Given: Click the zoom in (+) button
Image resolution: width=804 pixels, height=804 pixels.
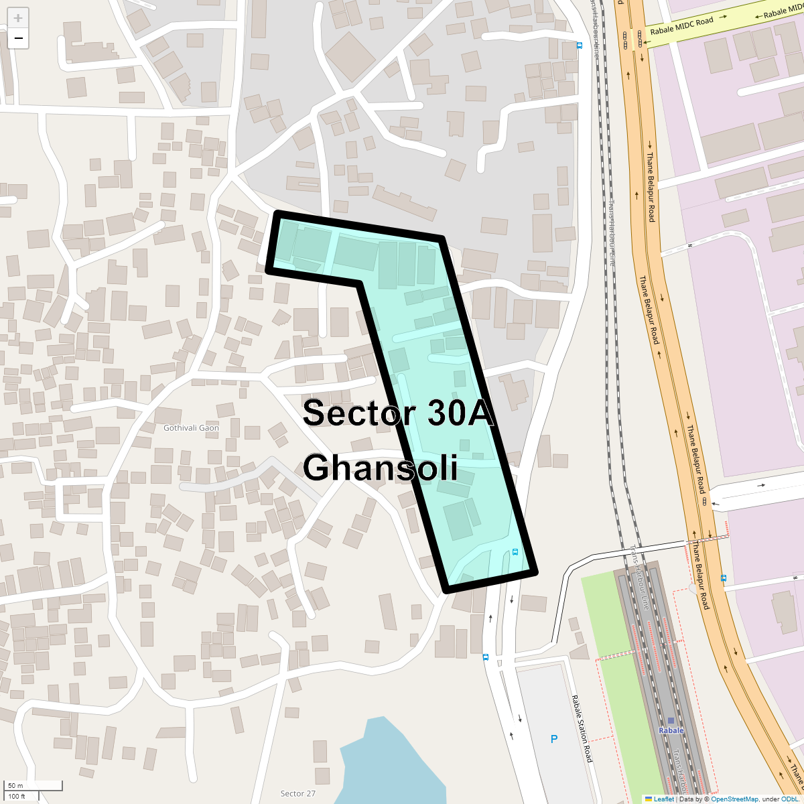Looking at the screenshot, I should pyautogui.click(x=18, y=18).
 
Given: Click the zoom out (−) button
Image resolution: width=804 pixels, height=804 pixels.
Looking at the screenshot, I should pyautogui.click(x=18, y=38).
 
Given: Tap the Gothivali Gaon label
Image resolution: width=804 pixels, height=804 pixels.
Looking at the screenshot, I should pyautogui.click(x=191, y=427).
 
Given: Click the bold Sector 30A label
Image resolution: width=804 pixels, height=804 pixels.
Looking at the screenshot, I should pyautogui.click(x=398, y=413).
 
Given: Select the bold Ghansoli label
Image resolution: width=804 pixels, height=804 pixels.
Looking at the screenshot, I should pyautogui.click(x=380, y=467).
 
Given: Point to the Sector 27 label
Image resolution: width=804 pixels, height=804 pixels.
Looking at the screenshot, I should pyautogui.click(x=297, y=793).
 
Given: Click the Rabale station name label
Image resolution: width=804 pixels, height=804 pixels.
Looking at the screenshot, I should pyautogui.click(x=671, y=730).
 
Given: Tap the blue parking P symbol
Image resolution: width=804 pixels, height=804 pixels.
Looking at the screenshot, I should pyautogui.click(x=553, y=739).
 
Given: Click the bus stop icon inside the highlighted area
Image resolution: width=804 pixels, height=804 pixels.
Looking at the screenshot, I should pyautogui.click(x=515, y=552).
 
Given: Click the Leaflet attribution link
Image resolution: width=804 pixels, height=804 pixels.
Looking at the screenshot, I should pyautogui.click(x=663, y=799).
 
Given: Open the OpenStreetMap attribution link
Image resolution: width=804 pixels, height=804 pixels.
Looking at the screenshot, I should pyautogui.click(x=734, y=799).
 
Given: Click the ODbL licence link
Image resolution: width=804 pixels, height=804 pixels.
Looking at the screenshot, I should pyautogui.click(x=789, y=799).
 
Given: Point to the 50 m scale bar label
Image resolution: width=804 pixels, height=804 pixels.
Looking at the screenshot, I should pyautogui.click(x=15, y=785).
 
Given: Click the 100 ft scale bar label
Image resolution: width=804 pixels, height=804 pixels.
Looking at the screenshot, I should pyautogui.click(x=17, y=796).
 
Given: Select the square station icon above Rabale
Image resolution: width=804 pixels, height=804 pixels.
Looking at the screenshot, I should pyautogui.click(x=671, y=720).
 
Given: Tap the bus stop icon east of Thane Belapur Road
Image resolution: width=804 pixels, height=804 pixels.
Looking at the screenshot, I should pyautogui.click(x=723, y=578).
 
